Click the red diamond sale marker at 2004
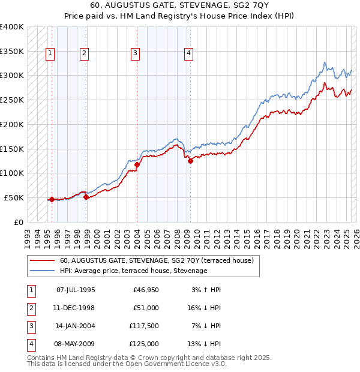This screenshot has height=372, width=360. click(x=137, y=164)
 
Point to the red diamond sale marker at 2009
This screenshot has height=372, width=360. click(x=190, y=161)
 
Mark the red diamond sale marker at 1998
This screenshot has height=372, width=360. click(x=86, y=197)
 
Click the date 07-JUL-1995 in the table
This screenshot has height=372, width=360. click(x=75, y=290)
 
